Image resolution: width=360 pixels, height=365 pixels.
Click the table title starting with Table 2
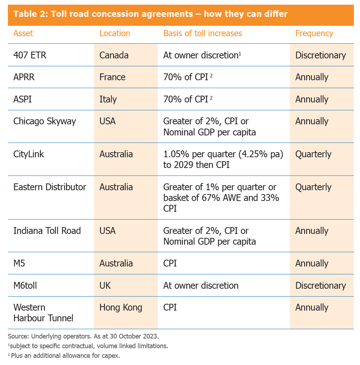150,15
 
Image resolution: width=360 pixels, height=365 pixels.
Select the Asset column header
23,34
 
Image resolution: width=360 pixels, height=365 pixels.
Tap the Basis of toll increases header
203,34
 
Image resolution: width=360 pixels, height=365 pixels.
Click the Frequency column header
314,34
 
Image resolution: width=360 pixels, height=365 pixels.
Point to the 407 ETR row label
30,56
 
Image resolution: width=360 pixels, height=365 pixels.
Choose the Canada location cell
114,56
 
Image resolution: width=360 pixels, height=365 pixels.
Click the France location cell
112,77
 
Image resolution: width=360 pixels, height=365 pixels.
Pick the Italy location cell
108,99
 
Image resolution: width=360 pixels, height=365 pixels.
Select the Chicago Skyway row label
45,121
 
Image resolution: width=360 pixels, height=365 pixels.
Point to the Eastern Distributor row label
50,187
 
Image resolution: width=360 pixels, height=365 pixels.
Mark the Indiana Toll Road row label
47,231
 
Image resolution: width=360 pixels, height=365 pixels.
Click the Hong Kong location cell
121,308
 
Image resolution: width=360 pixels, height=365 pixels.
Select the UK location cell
105,285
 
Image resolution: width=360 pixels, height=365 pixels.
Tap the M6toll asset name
25,285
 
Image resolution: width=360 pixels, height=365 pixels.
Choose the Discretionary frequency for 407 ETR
320,56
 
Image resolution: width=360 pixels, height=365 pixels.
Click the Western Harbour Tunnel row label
43,312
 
